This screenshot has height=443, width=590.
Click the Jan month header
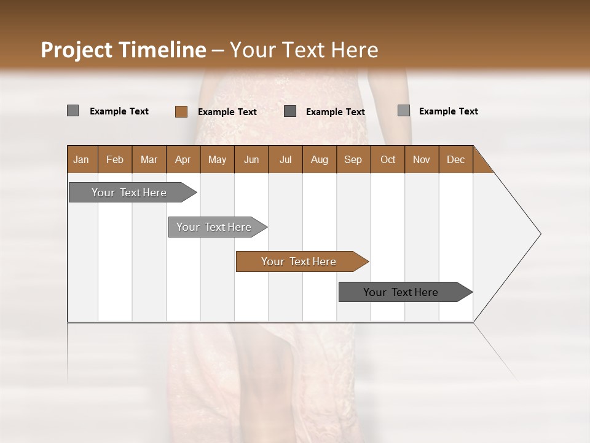coord(82,159)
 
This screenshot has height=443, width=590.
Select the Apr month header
coord(183,159)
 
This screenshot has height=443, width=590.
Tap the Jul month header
coord(285,159)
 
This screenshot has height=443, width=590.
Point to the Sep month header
coord(353,159)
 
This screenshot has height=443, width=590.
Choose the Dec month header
coord(455,159)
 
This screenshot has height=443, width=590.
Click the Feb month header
coord(115,159)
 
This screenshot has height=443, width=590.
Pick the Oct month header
coord(388,159)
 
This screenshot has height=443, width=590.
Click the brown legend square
coord(181,111)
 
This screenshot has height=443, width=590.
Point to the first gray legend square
coord(73,111)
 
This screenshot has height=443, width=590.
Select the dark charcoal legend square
coord(290,111)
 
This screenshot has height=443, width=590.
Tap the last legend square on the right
coord(404,111)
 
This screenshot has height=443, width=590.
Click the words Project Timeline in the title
coord(124,50)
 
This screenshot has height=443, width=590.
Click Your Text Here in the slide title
coord(304,50)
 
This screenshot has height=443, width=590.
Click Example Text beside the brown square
coord(227,112)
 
